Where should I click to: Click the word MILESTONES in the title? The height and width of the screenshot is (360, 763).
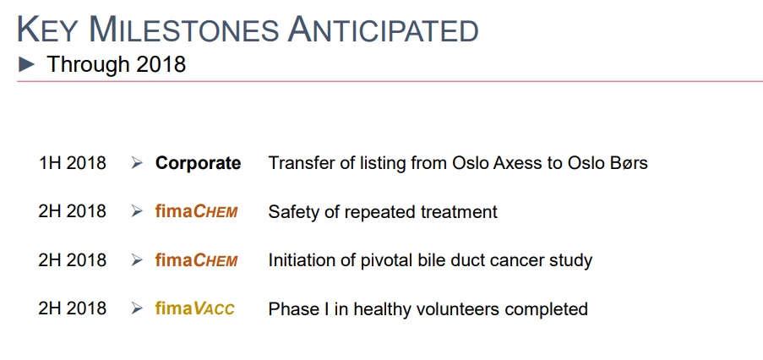[184, 30]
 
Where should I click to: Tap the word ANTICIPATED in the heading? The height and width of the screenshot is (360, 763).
[384, 30]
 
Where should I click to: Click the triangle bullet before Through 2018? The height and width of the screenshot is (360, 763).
[27, 64]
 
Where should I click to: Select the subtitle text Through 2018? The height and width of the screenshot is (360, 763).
[117, 64]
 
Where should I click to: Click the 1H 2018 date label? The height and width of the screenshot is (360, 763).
[72, 163]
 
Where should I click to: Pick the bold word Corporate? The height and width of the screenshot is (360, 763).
[198, 163]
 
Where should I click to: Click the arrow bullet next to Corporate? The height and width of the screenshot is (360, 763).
[137, 163]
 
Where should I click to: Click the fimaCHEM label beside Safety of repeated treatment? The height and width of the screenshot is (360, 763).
[197, 211]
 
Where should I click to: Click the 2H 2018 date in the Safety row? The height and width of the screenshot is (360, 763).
[72, 211]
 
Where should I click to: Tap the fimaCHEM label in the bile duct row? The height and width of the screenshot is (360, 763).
[197, 260]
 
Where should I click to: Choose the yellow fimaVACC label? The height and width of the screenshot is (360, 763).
[194, 309]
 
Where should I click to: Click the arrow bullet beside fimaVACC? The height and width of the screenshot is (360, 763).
[137, 308]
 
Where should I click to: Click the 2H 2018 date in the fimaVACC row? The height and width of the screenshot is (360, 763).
[72, 309]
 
